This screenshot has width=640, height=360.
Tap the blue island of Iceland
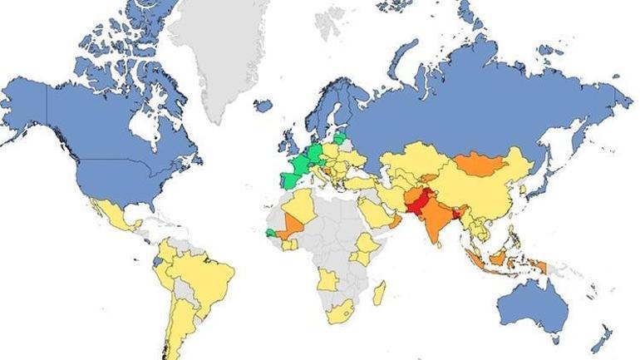point(263,106)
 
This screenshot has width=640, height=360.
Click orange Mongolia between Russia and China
point(480,162)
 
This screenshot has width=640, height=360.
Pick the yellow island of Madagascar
point(380,293)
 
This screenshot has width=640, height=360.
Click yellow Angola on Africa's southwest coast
point(326,282)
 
